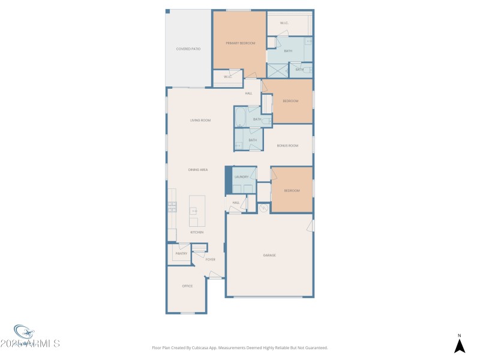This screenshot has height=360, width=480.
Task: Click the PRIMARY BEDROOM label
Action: click(x=240, y=43)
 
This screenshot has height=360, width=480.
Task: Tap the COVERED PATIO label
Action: click(x=188, y=49)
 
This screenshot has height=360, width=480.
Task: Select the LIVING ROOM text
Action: click(x=200, y=121)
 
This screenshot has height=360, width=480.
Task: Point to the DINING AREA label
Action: click(x=198, y=170)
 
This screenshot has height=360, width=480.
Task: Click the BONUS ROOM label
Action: click(x=287, y=146)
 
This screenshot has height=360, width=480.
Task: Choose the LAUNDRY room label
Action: click(x=241, y=177)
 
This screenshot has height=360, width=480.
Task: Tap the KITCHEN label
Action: click(x=197, y=232)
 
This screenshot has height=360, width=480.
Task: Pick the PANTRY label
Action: click(x=181, y=254)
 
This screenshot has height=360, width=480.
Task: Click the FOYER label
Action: click(x=211, y=260)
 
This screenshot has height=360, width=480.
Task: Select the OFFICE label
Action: click(x=187, y=286)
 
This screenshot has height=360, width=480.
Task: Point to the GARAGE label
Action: click(x=269, y=256)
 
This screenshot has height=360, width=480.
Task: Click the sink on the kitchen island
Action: click(x=194, y=211)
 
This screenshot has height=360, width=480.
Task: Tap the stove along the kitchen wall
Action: click(x=172, y=207)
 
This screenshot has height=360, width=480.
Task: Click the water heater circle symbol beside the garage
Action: click(x=263, y=208)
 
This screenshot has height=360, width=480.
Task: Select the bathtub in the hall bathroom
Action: click(x=239, y=118)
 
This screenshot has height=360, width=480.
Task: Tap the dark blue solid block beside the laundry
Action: click(x=228, y=181)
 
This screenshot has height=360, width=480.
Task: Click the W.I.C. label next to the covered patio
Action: click(x=228, y=77)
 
